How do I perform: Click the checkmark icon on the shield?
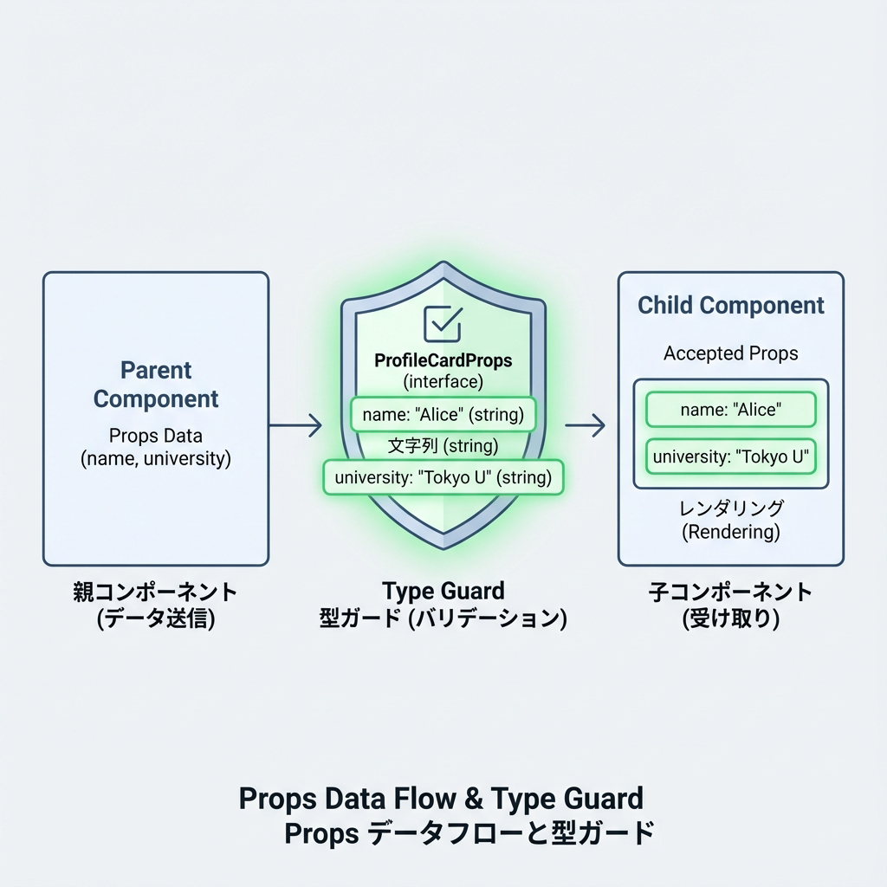443,322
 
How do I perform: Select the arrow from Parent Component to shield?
295,424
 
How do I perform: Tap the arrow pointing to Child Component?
585,424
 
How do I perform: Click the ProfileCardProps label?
443,359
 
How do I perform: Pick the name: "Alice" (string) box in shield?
443,414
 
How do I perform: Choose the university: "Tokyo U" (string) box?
443,476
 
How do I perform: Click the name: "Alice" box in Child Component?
730,410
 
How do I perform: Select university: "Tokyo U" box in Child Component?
730,456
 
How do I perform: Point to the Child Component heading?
731,305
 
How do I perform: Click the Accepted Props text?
731,353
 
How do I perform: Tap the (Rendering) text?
731,532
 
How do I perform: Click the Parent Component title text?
156,385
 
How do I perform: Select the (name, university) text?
156,459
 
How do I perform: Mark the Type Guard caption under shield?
443,592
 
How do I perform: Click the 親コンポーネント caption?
155,592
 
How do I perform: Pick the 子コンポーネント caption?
731,592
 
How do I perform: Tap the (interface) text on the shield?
443,381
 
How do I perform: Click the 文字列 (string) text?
443,446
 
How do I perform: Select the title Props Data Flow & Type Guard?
441,798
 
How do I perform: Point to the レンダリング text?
731,508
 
